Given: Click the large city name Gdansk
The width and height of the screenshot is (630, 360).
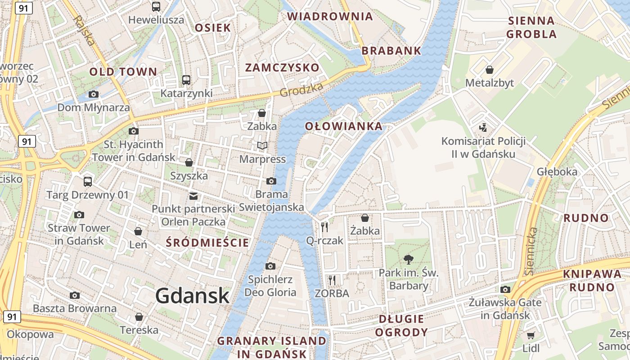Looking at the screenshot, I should [x=193, y=296].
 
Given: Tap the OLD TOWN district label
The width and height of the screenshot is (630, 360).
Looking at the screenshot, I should [x=123, y=72].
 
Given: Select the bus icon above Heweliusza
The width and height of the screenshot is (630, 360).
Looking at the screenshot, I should [x=156, y=7].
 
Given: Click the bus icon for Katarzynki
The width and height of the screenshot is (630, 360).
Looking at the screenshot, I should [x=186, y=80].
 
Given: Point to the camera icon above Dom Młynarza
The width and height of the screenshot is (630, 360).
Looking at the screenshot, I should [x=94, y=94].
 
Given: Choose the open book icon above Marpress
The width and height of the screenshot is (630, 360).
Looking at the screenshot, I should [x=262, y=146].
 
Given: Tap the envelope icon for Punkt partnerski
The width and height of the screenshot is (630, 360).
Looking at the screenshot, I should [x=193, y=196].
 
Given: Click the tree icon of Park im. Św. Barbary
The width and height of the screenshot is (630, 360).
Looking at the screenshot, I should [x=409, y=259].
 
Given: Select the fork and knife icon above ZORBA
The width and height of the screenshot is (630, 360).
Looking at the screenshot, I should [x=332, y=280].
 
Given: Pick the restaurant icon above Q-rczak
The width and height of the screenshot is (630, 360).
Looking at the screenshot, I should [x=324, y=227].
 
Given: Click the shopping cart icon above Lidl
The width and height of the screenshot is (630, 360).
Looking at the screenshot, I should [x=531, y=335].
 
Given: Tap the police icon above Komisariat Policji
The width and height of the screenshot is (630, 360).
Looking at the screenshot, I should [x=483, y=127].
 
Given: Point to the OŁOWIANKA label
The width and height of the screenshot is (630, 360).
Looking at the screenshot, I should [x=344, y=126].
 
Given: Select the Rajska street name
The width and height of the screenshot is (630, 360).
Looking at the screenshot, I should [x=84, y=30].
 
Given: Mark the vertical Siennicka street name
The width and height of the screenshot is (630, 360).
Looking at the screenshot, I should [x=531, y=251].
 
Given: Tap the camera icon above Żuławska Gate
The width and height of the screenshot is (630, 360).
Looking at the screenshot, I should [x=505, y=289].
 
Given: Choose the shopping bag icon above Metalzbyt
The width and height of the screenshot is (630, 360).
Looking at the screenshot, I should [x=490, y=70].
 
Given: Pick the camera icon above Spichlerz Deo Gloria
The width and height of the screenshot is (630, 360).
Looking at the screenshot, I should [x=270, y=266].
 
